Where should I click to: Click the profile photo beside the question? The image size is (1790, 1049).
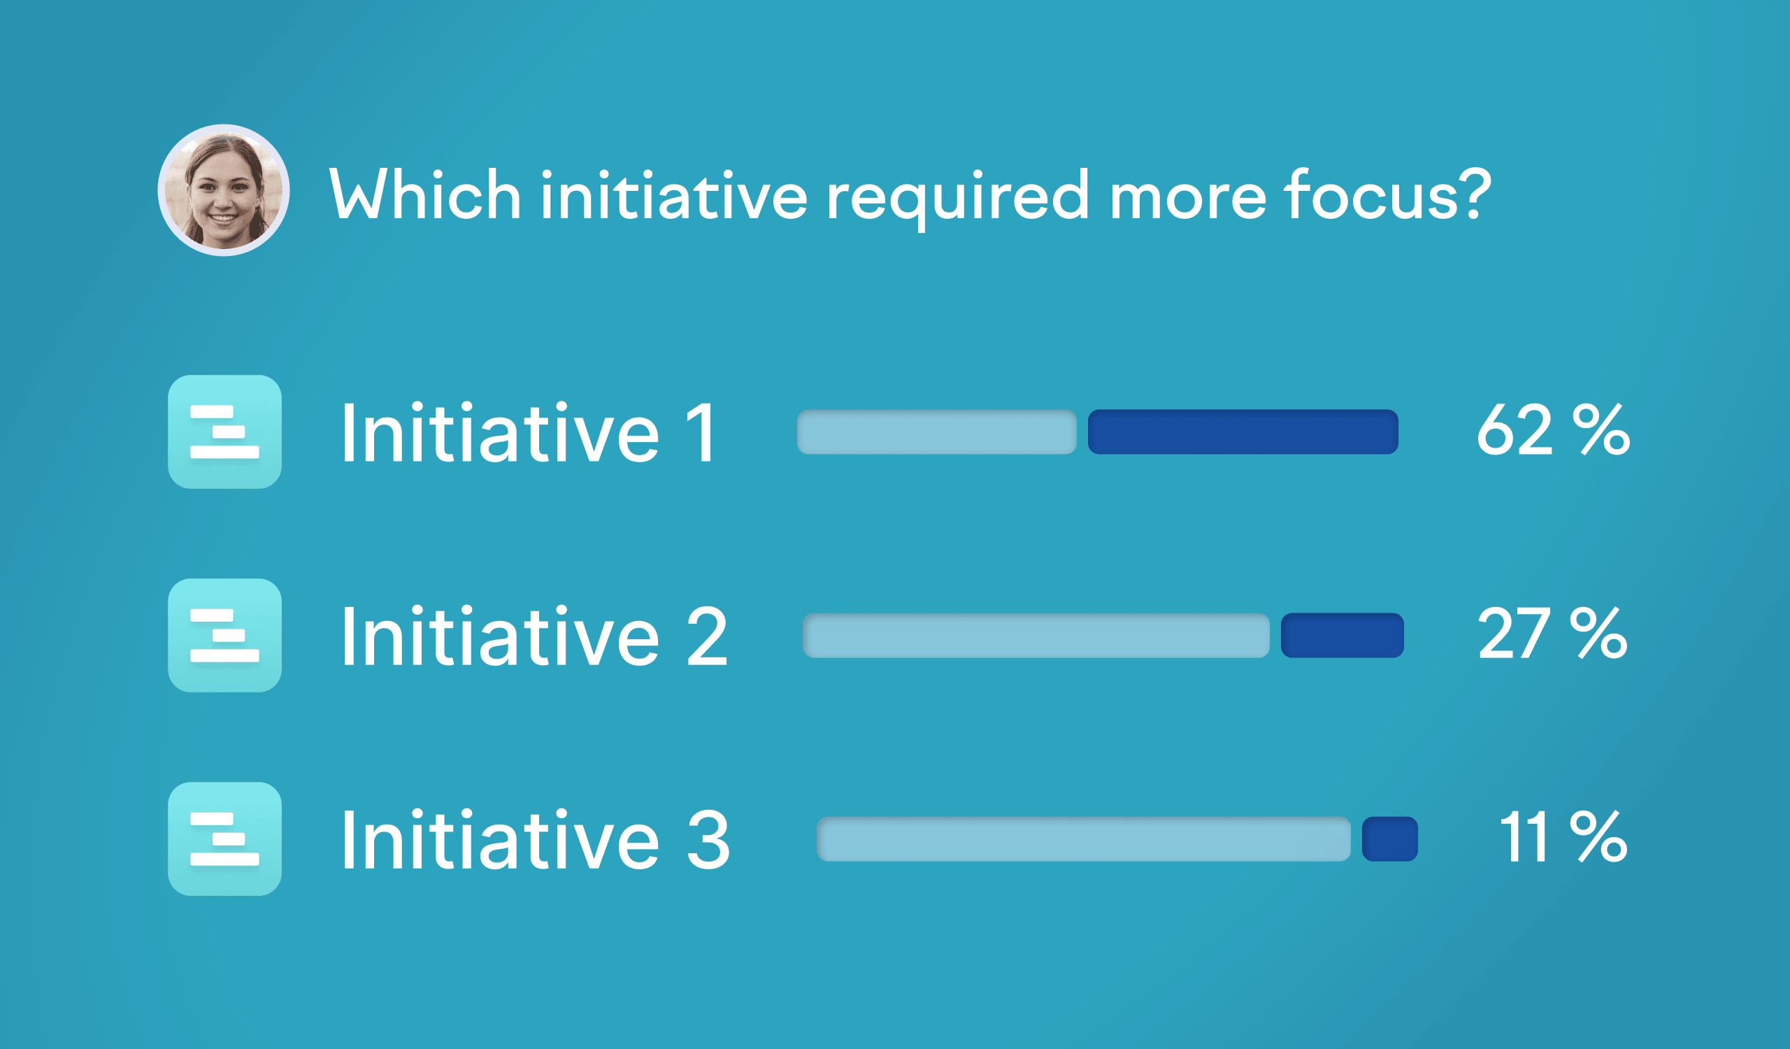(223, 190)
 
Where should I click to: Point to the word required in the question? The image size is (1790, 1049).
(957, 198)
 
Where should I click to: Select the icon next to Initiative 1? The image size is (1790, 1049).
(224, 431)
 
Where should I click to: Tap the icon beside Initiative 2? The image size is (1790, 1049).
(224, 636)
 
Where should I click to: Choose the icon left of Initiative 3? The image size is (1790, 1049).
(224, 839)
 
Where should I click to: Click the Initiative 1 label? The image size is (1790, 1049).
(529, 432)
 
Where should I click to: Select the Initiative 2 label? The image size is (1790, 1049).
(535, 636)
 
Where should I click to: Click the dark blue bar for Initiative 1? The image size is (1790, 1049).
(1243, 431)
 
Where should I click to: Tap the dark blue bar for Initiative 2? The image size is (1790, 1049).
(1342, 636)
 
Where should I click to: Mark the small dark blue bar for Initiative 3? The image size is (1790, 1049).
(1390, 839)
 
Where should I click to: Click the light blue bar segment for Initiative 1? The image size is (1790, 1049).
(937, 431)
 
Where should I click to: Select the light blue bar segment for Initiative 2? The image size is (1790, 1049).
(1036, 636)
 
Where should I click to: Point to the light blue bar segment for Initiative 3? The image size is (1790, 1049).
(1084, 839)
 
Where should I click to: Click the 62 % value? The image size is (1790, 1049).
(1554, 429)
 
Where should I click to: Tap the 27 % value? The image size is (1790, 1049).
(1553, 634)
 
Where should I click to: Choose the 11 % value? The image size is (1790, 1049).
(1563, 836)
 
